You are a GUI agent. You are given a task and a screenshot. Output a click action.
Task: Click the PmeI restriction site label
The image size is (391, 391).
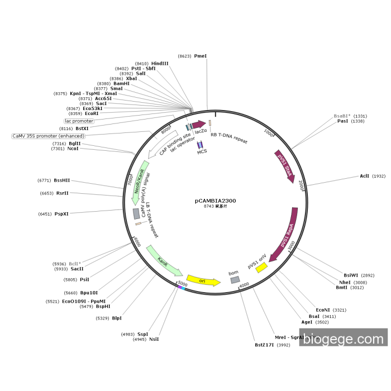(x=200, y=56)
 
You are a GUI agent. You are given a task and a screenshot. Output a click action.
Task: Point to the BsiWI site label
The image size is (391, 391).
(x=351, y=275)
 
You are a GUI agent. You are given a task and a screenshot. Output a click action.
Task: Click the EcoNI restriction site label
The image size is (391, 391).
(x=323, y=309)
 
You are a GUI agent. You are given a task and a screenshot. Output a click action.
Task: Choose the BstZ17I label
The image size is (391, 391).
(x=265, y=345)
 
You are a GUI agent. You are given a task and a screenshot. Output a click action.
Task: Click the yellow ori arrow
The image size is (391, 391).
(x=203, y=280)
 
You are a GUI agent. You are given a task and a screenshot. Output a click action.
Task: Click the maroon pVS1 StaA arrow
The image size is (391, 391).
(x=284, y=165)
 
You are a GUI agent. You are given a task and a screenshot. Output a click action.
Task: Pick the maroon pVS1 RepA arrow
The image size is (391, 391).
(x=284, y=235)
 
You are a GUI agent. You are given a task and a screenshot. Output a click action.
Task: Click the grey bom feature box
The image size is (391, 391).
(x=235, y=279)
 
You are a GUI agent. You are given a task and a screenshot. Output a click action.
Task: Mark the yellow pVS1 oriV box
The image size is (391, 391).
(x=261, y=268)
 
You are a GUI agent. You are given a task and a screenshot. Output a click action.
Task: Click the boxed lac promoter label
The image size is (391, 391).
(x=79, y=121)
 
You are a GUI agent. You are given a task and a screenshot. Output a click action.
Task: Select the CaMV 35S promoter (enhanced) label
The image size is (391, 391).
(x=49, y=136)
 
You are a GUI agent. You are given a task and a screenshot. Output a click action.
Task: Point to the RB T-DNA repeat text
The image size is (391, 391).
(x=229, y=138)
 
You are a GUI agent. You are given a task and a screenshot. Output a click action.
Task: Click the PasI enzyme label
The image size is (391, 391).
(x=342, y=121)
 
